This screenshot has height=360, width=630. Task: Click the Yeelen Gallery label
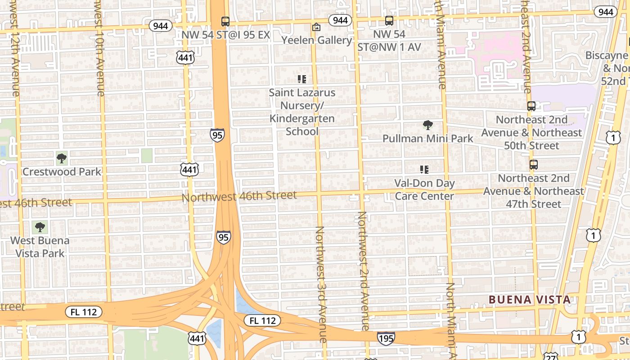coord(317,40)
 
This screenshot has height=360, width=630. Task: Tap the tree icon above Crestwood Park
coord(62,158)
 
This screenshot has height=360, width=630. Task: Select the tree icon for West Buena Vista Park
coord(40,227)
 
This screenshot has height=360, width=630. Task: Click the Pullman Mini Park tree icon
coord(427,125)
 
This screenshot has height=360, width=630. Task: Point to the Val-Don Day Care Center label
coord(424,189)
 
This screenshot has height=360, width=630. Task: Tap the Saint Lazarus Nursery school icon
coord(302,80)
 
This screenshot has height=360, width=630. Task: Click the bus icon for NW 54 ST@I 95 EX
coord(225,21)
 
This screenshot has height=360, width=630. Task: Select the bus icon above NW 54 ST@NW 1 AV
coord(389,21)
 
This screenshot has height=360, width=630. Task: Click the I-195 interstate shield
coord(386,338)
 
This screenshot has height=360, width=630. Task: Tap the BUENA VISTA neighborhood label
coord(530,300)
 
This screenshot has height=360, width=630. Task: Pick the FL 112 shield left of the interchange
coord(84,311)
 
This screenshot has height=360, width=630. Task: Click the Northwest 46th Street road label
coord(239,196)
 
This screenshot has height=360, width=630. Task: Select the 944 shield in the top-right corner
coord(605,12)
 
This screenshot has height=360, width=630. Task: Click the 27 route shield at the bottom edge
coord(551,356)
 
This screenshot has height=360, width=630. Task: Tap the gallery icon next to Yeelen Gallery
coord(316,27)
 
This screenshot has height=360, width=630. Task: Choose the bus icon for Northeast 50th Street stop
coord(531,106)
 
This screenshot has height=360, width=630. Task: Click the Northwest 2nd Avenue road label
coord(363,270)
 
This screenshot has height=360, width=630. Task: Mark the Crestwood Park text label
coord(62,171)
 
